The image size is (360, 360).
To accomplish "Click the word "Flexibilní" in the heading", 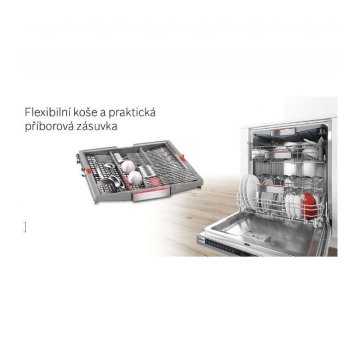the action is tap(47, 112).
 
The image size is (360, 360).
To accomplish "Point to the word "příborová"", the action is tap(49, 127).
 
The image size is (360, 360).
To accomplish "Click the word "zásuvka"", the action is tap(97, 126).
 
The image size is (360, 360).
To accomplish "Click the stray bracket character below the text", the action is tap(24, 227).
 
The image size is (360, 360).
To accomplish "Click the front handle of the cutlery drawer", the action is tap(151, 194).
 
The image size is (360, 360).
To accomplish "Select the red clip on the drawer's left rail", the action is tap(89, 172).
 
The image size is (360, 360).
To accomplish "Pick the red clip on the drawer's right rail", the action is tap(182, 159).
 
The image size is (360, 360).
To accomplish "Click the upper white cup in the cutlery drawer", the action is tap(128, 166).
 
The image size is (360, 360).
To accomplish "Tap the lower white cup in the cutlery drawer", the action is tap(135, 178).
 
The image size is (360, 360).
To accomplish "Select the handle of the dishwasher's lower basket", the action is tap(270, 188).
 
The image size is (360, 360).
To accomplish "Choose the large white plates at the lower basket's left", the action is tap(249, 192).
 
